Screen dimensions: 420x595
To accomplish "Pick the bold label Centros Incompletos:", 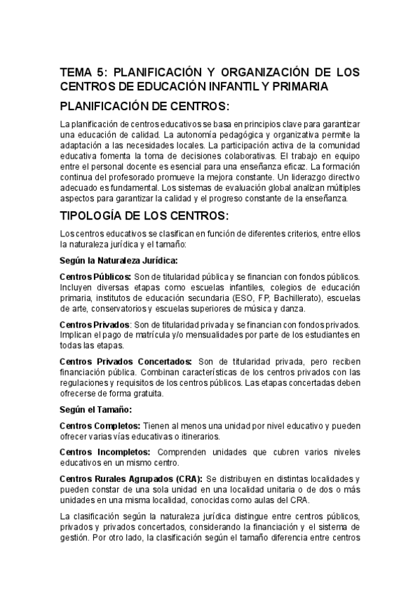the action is [x=104, y=453].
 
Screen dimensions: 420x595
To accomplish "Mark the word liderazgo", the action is [x=320, y=178].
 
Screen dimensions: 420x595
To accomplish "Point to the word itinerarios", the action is [x=201, y=436].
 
